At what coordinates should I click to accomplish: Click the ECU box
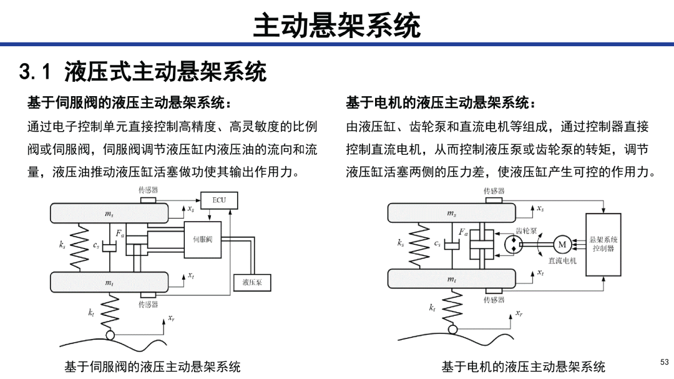click(219, 200)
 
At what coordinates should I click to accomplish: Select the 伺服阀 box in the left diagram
click(202, 240)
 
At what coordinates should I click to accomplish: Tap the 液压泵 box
click(252, 283)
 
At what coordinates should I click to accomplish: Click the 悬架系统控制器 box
click(603, 244)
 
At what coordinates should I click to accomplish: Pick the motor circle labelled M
click(562, 244)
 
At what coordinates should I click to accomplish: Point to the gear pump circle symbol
click(513, 244)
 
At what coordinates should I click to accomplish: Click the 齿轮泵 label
click(527, 231)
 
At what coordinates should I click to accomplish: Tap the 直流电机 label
click(562, 261)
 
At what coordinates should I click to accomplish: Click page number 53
click(665, 362)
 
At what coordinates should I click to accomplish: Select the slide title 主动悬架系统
click(336, 25)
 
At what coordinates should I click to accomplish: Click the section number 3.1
click(35, 71)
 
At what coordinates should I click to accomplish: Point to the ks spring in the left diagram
click(79, 247)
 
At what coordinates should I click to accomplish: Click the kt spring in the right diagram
click(452, 307)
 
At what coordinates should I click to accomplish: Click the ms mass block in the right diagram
click(451, 213)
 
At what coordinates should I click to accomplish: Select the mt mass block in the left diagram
click(109, 282)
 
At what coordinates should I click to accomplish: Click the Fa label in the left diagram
click(120, 234)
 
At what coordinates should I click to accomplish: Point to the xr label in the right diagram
click(519, 313)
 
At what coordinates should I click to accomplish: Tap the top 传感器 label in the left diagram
click(148, 190)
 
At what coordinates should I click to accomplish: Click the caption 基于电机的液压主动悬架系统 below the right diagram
click(523, 367)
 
